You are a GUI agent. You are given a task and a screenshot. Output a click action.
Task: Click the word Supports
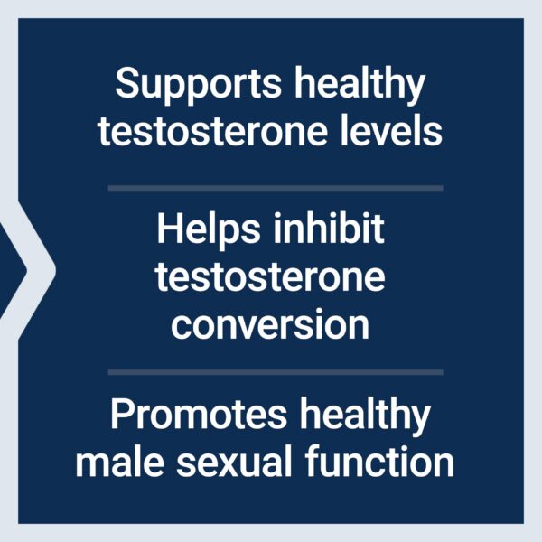click(185, 87)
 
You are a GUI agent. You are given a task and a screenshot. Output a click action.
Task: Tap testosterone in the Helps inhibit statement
click(270, 276)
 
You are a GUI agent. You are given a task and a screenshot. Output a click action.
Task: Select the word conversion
click(270, 324)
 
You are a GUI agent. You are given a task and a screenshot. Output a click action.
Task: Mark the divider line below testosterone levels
click(276, 188)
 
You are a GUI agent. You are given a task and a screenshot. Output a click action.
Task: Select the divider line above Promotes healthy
click(276, 371)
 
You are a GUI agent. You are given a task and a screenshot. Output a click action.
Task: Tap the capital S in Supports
click(126, 87)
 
